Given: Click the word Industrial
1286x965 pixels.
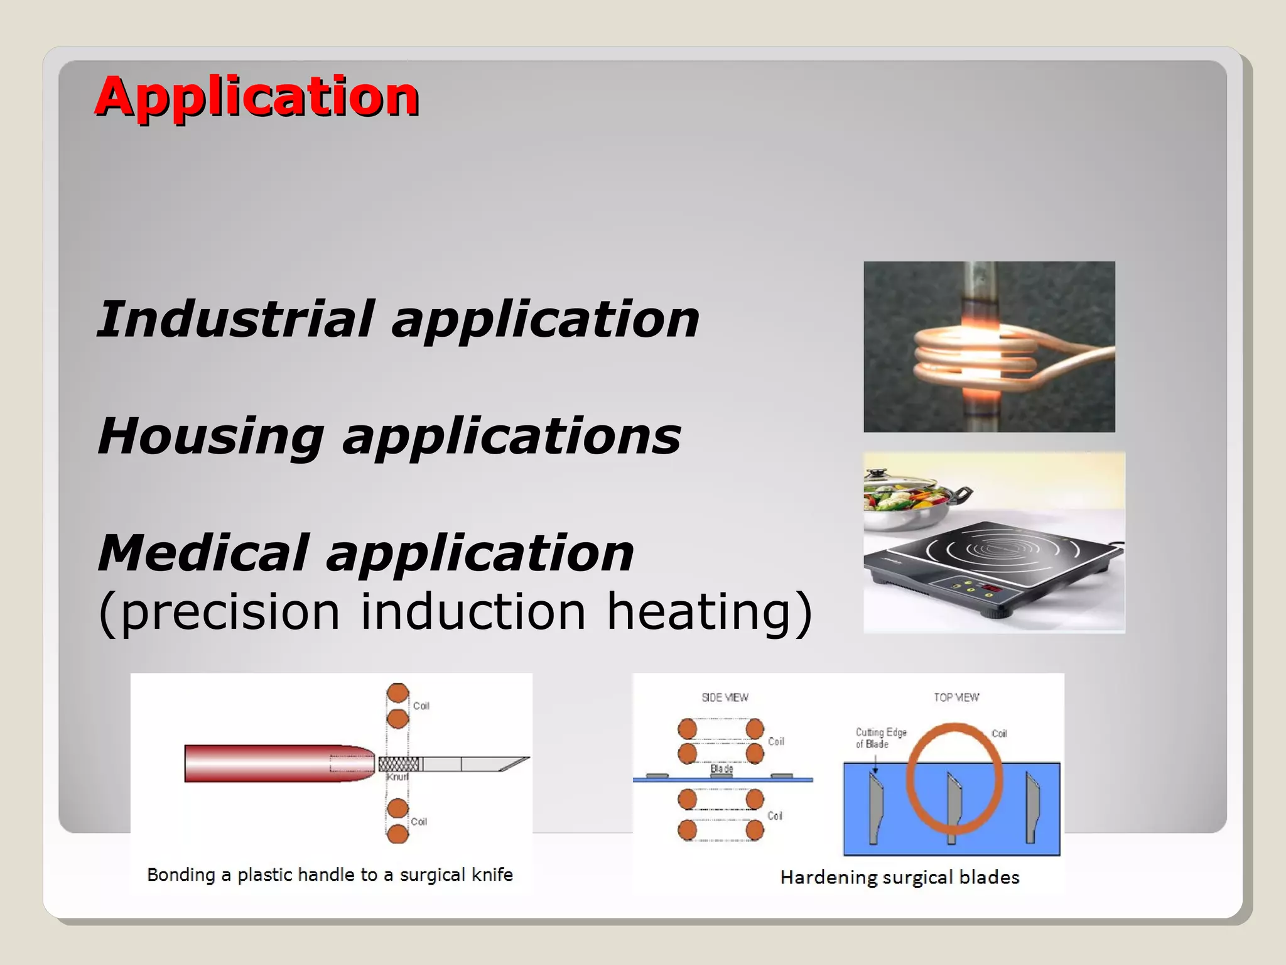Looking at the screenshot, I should (236, 319).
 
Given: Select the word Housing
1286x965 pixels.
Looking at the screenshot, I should (211, 437).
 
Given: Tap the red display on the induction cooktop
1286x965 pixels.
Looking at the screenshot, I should (992, 588).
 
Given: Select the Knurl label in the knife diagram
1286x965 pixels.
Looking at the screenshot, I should (397, 777).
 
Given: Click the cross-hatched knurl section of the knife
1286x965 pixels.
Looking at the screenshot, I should (399, 764).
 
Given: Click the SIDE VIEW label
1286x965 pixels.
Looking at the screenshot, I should (725, 697).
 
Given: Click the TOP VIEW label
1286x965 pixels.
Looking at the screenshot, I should (956, 697).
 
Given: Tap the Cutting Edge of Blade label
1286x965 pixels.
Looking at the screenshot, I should (880, 738).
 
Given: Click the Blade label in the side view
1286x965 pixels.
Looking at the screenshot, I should (721, 768).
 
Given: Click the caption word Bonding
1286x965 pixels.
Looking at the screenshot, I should (181, 875).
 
